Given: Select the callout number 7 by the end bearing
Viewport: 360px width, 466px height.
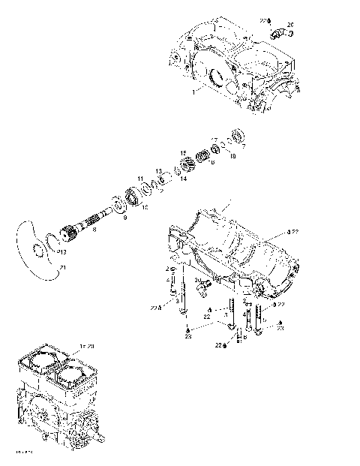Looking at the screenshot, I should (x=242, y=147).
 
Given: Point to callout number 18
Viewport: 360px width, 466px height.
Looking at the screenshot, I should (x=232, y=155).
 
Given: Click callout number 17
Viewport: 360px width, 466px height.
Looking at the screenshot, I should (x=213, y=140).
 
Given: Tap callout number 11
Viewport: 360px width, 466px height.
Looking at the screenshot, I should (x=139, y=178).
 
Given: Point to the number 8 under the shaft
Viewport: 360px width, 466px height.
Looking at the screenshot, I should (x=94, y=230).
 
